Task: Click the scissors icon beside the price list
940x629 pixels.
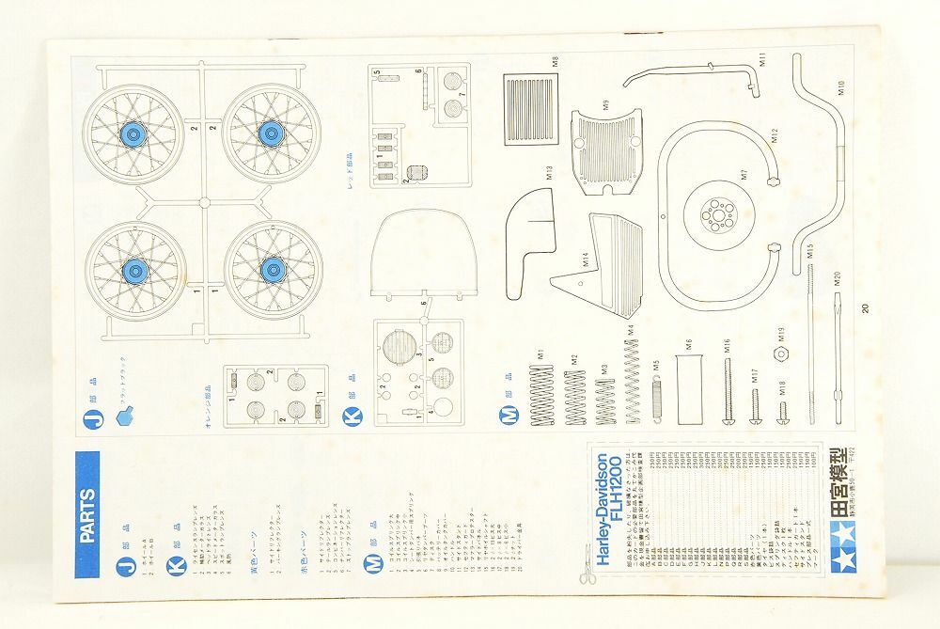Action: click(x=587, y=574)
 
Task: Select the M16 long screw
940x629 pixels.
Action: click(x=727, y=389)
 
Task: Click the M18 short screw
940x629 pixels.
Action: click(x=782, y=410)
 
